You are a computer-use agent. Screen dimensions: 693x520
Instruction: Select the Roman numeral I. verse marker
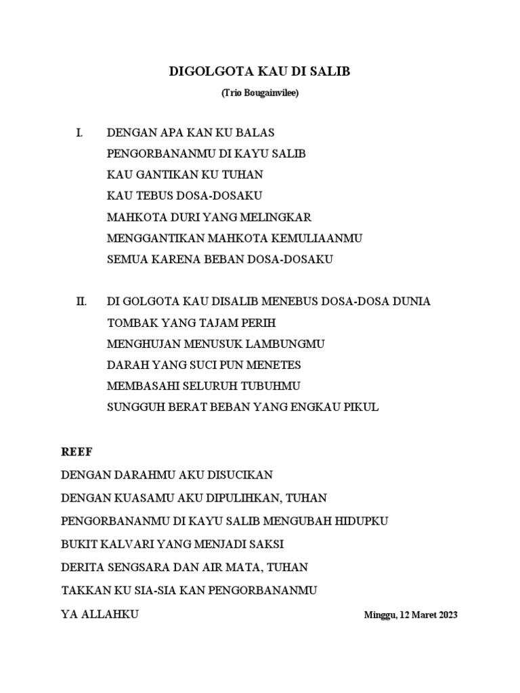pos(79,132)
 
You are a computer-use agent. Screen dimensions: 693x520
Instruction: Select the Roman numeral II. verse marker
pos(81,301)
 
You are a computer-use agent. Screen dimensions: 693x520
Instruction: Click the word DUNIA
pos(407,301)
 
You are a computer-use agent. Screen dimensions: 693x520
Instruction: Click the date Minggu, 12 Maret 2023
pos(410,615)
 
